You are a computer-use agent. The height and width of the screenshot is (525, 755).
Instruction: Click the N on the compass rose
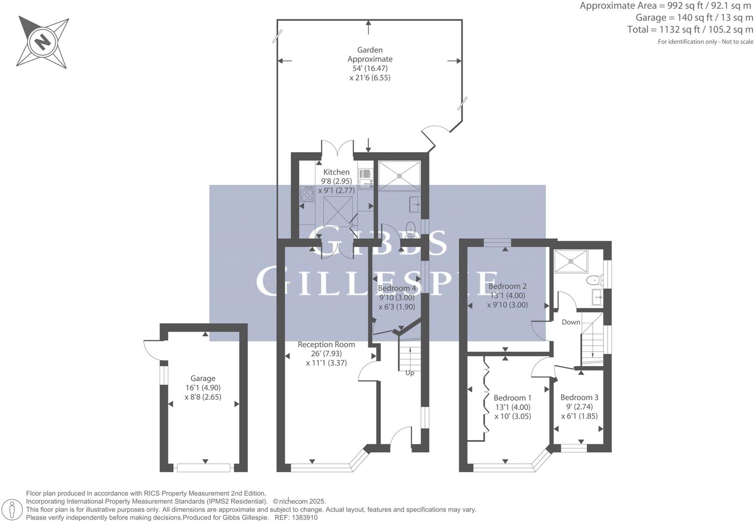point(43,43)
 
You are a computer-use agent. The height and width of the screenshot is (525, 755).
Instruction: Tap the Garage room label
point(203,378)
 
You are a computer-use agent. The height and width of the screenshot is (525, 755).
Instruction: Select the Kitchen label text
point(336,172)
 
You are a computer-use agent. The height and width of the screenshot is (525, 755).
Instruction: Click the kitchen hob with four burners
point(307,194)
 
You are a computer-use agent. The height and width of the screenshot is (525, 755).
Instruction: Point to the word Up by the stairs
point(409,373)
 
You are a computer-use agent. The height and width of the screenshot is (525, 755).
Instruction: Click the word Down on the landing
point(571,322)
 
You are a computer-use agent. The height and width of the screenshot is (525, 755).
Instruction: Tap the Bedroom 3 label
point(579,397)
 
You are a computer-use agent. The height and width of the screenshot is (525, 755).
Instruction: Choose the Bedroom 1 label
point(513,398)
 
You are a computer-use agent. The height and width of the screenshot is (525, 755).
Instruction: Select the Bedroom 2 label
point(507,286)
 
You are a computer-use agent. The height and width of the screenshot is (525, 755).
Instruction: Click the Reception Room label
point(326,344)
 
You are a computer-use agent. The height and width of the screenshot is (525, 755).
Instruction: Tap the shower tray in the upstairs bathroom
point(571,261)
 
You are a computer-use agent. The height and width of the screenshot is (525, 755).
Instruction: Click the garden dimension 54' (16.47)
point(370,69)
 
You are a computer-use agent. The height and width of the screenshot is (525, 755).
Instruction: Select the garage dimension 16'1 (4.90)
point(203,387)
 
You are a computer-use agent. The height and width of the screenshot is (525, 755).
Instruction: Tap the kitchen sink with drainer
point(366,179)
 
